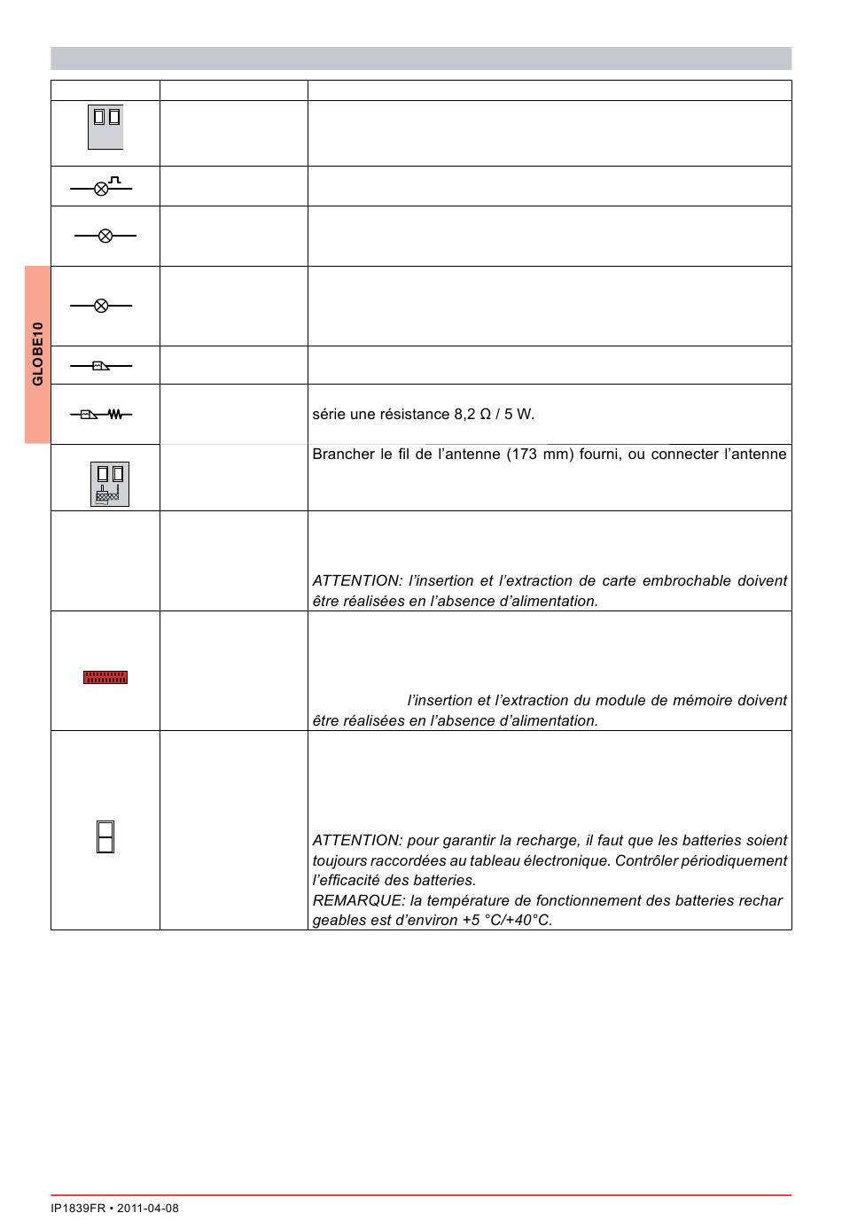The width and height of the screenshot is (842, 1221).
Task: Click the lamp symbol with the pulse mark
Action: coord(101,187)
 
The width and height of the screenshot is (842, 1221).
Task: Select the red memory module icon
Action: coord(105,677)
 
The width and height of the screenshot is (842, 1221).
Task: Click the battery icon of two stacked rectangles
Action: coord(105,837)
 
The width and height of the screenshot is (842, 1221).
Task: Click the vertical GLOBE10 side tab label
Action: coord(37,354)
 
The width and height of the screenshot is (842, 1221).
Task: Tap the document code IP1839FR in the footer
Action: coord(78,1208)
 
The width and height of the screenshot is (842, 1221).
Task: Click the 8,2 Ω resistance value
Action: coord(472,414)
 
